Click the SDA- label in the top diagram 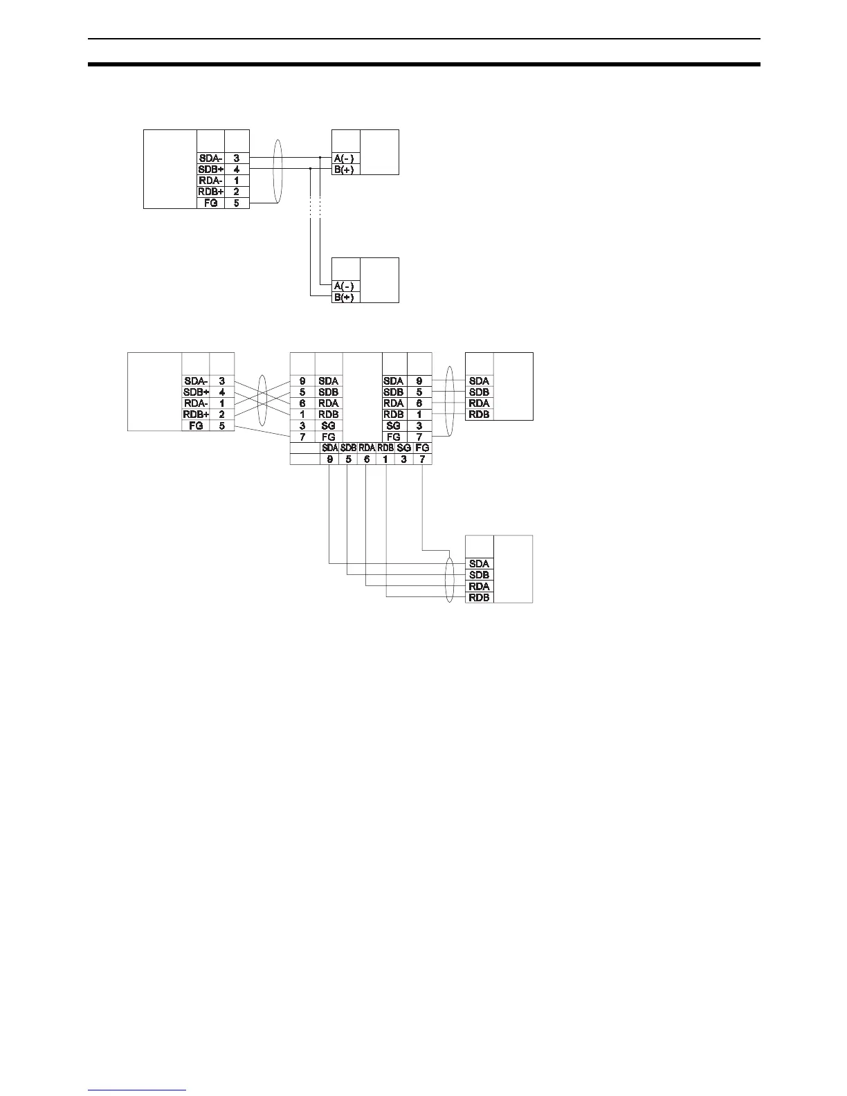coord(210,158)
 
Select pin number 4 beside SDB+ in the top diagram coord(237,169)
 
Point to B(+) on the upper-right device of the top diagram coord(344,170)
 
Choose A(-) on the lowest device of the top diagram coord(344,286)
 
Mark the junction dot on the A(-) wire coord(320,158)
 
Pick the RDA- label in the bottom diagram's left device coord(195,403)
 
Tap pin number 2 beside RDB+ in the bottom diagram coord(221,414)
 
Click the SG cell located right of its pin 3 coord(328,426)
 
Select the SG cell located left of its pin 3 coord(393,426)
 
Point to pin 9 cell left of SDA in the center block coord(302,381)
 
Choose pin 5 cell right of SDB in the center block coord(419,392)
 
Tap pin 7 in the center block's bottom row coord(422,459)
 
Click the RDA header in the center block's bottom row coord(367,448)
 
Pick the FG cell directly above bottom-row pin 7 coord(422,448)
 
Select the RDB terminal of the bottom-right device coord(479,597)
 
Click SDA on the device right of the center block coord(479,381)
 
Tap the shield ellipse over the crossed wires coord(262,401)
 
